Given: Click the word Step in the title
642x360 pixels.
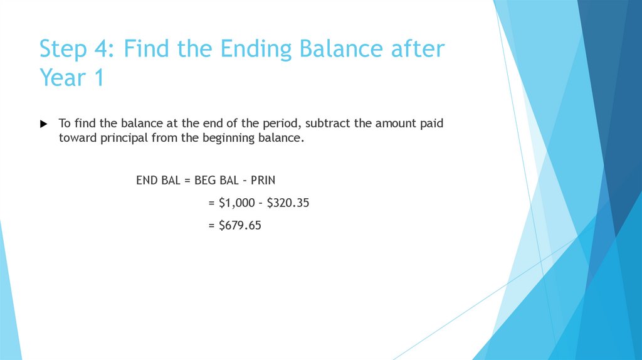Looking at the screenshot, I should pyautogui.click(x=61, y=49).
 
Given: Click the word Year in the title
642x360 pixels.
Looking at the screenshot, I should pyautogui.click(x=63, y=78).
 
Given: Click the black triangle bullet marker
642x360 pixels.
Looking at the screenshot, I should pyautogui.click(x=43, y=124).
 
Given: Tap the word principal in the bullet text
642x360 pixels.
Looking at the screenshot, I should pyautogui.click(x=124, y=139).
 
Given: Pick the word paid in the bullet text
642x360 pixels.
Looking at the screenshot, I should pyautogui.click(x=431, y=124).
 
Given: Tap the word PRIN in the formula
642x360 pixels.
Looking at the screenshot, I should pyautogui.click(x=263, y=181).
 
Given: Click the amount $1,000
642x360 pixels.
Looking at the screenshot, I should pyautogui.click(x=239, y=203).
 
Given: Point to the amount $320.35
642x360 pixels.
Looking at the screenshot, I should pyautogui.click(x=288, y=203).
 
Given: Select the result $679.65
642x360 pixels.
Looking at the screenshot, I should pyautogui.click(x=239, y=225).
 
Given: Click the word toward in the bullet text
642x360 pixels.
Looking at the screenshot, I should pyautogui.click(x=78, y=139).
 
